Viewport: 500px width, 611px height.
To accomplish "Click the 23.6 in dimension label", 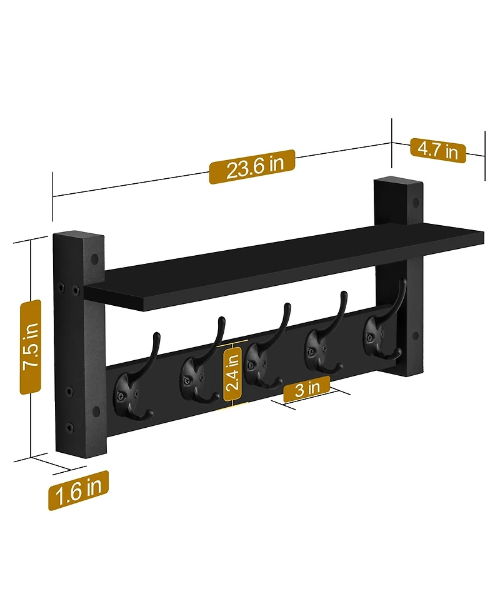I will [x=251, y=168].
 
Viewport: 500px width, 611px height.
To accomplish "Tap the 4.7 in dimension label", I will [x=437, y=150].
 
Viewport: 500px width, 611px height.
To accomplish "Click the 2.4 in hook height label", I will [x=232, y=374].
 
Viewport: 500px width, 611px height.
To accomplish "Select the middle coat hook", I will [x=259, y=360].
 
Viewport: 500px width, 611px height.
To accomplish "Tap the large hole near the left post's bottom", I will [x=96, y=412].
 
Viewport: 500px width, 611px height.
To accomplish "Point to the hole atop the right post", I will [x=414, y=203].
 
